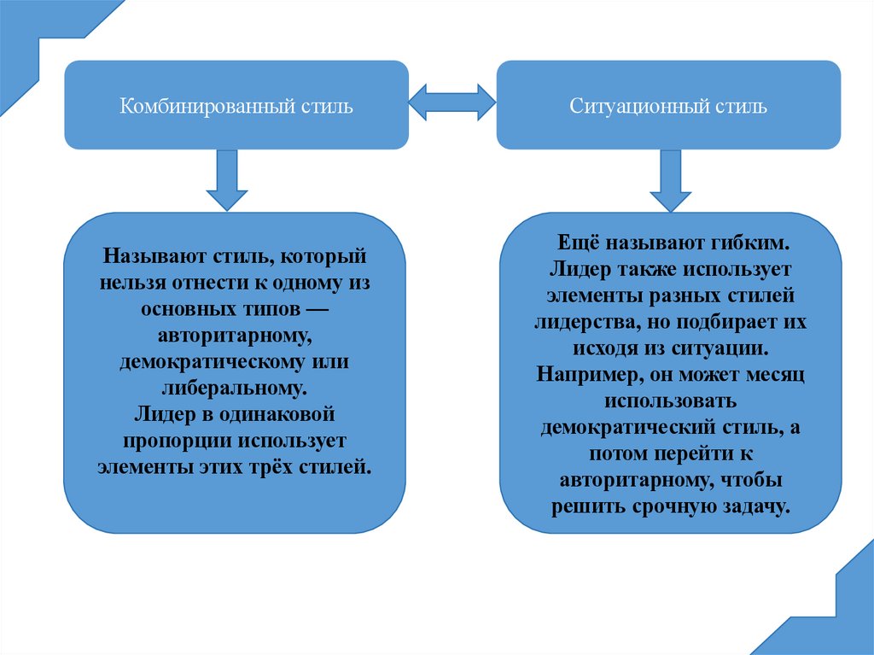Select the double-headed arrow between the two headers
pyautogui.click(x=452, y=102)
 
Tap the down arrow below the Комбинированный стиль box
pyautogui.click(x=227, y=180)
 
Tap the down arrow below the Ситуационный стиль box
pyautogui.click(x=670, y=181)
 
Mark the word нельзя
pyautogui.click(x=134, y=283)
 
